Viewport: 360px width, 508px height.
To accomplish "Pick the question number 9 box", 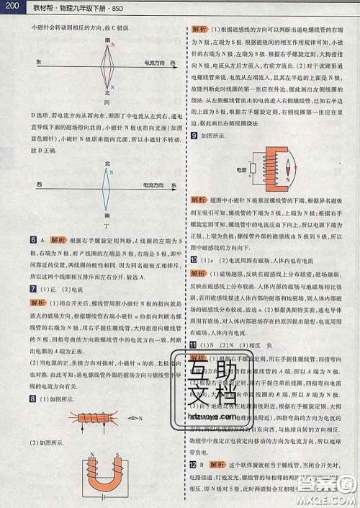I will tap(194, 135).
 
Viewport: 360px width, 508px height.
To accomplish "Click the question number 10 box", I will tap(194, 258).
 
